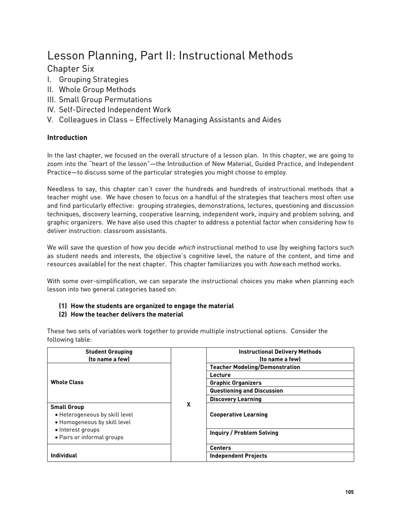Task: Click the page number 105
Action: click(x=349, y=492)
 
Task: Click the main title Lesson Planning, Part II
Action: click(x=170, y=56)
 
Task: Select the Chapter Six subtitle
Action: click(x=70, y=69)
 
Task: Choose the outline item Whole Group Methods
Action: click(x=97, y=90)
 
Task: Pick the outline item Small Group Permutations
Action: click(x=105, y=100)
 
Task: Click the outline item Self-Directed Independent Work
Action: click(x=115, y=110)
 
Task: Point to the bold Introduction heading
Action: click(x=67, y=138)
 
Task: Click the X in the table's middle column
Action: click(x=189, y=404)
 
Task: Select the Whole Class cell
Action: click(x=67, y=383)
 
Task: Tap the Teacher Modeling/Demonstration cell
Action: click(x=254, y=367)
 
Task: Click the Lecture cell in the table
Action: click(x=220, y=375)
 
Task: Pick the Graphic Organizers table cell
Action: click(x=236, y=383)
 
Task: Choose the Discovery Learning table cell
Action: click(x=236, y=399)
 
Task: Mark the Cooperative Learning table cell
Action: click(x=238, y=415)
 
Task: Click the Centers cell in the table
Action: click(x=220, y=448)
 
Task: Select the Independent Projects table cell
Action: click(x=238, y=456)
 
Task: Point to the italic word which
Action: click(x=187, y=248)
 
